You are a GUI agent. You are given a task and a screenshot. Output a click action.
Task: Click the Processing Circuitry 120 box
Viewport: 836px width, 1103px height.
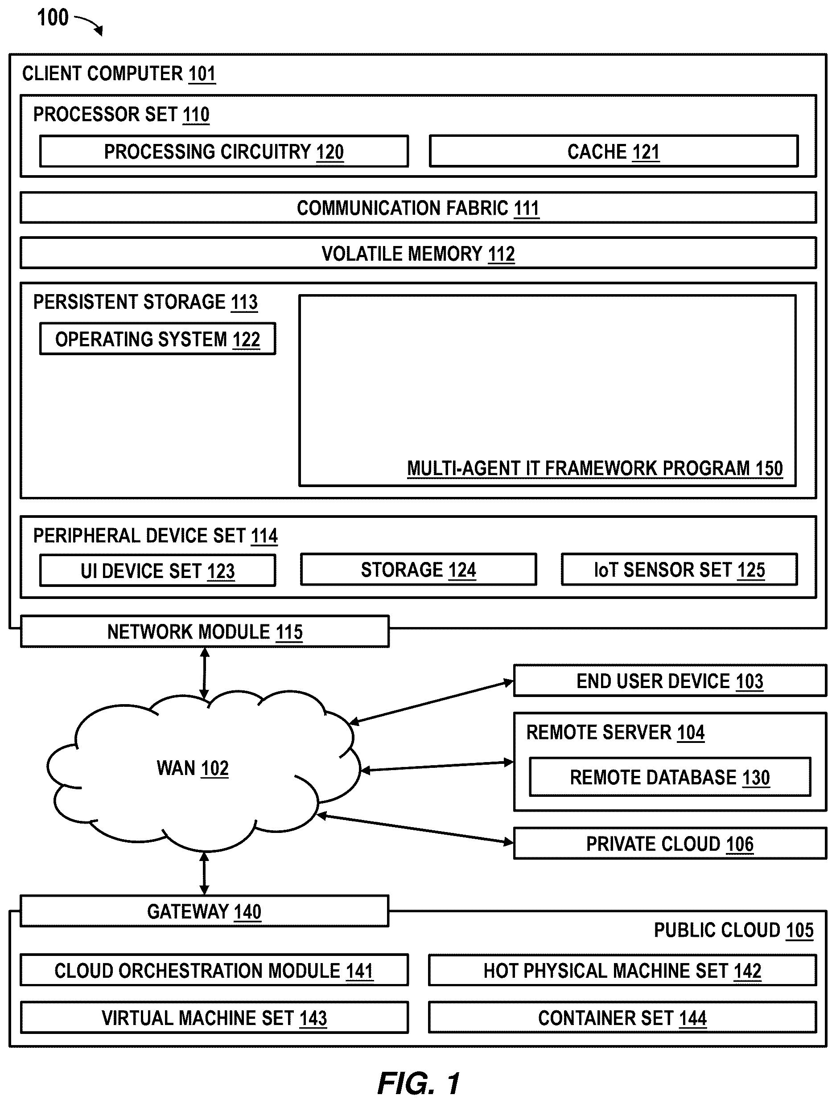pyautogui.click(x=224, y=151)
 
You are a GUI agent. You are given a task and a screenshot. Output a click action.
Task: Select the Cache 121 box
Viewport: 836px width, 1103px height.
pyautogui.click(x=614, y=151)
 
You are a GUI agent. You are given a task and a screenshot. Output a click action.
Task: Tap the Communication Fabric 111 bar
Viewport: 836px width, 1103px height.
pyautogui.click(x=418, y=207)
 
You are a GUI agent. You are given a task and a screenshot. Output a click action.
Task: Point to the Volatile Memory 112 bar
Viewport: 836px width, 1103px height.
pyautogui.click(x=418, y=253)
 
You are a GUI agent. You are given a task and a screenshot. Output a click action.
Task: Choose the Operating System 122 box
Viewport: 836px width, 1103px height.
pyautogui.click(x=158, y=339)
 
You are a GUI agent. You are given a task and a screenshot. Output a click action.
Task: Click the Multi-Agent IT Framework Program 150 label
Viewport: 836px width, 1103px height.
pyautogui.click(x=595, y=469)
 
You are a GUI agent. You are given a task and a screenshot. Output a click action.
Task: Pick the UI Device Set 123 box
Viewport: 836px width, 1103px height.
pyautogui.click(x=158, y=570)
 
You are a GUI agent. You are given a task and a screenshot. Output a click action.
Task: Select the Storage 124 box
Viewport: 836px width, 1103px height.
pyautogui.click(x=419, y=570)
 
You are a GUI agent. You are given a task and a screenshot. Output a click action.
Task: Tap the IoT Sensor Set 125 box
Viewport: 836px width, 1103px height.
pyautogui.click(x=680, y=570)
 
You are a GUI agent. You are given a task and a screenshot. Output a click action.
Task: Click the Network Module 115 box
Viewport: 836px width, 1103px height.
pyautogui.click(x=205, y=632)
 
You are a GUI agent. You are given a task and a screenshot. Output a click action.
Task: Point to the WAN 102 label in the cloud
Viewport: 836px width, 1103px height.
pyautogui.click(x=193, y=768)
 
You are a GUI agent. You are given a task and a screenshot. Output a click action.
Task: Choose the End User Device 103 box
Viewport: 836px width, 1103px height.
pyautogui.click(x=670, y=681)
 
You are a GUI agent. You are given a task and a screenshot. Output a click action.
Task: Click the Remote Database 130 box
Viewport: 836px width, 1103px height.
pyautogui.click(x=670, y=777)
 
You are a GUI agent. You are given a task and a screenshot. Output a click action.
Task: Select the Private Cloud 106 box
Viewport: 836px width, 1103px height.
pyautogui.click(x=670, y=844)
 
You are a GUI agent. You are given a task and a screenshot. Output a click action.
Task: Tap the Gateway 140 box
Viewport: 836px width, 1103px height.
pyautogui.click(x=204, y=911)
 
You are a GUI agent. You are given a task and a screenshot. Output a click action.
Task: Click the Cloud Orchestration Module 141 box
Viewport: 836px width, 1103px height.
pyautogui.click(x=214, y=970)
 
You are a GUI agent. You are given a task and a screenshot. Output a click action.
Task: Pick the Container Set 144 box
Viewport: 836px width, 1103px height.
pyautogui.click(x=622, y=1018)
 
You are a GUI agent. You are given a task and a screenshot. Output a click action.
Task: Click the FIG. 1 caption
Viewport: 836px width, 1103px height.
pyautogui.click(x=419, y=1083)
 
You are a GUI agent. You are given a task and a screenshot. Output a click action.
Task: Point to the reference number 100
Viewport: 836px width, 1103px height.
pyautogui.click(x=53, y=18)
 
